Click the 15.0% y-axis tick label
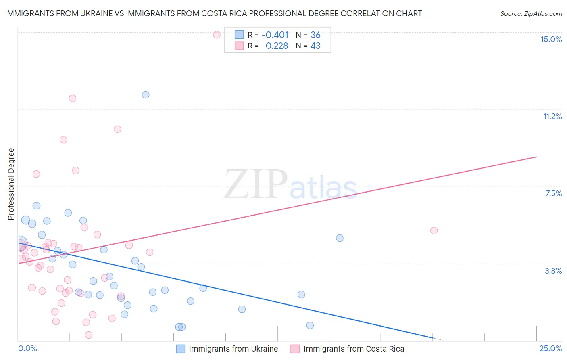(x=551, y=39)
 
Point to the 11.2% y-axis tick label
(x=552, y=116)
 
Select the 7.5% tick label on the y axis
(x=553, y=193)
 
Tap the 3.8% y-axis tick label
(x=553, y=271)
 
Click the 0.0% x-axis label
(x=27, y=348)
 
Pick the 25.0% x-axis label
(x=550, y=348)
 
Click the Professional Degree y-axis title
(x=11, y=184)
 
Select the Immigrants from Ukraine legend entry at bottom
(x=233, y=349)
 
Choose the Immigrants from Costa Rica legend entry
(x=353, y=349)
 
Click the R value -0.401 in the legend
(x=275, y=35)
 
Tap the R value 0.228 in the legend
(x=277, y=46)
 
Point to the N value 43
(x=315, y=46)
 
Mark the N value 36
(x=315, y=35)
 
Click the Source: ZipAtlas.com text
(x=531, y=14)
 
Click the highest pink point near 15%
(x=217, y=35)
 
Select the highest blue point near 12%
(x=146, y=95)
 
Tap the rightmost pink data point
(x=434, y=230)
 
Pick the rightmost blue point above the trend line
(x=340, y=238)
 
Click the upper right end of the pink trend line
(x=536, y=157)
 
